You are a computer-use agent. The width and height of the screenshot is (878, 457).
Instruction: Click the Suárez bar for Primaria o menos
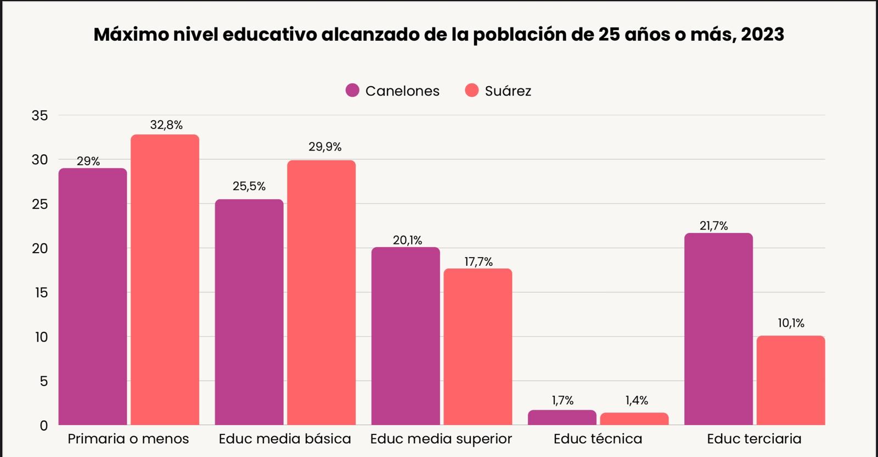pos(165,280)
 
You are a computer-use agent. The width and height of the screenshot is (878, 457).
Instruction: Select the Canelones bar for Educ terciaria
pos(718,330)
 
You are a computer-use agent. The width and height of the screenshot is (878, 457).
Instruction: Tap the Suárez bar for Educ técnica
pos(634,419)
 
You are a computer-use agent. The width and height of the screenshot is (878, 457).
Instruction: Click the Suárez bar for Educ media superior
pos(477,347)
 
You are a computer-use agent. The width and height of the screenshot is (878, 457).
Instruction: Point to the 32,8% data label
pos(166,125)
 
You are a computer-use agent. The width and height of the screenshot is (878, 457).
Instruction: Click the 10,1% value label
pos(791,323)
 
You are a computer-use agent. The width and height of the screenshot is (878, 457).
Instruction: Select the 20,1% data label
pos(407,240)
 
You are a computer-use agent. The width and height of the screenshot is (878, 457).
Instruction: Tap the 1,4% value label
pos(637,400)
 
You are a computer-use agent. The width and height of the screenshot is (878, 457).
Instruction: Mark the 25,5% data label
pos(249,186)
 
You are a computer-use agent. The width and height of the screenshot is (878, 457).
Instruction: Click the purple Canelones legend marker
pos(352,91)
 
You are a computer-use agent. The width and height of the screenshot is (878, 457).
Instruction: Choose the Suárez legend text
pos(508,91)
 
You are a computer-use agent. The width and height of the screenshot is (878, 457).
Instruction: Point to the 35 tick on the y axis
pos(40,115)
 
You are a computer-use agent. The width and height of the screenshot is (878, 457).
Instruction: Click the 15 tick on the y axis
pos(41,293)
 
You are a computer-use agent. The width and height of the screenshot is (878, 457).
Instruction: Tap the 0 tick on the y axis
pos(44,426)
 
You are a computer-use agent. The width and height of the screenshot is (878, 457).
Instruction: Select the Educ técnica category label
pos(598,439)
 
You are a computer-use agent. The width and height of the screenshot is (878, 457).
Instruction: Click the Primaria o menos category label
pos(128,439)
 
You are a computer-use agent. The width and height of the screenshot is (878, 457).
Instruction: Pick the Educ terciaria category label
pos(754,439)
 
